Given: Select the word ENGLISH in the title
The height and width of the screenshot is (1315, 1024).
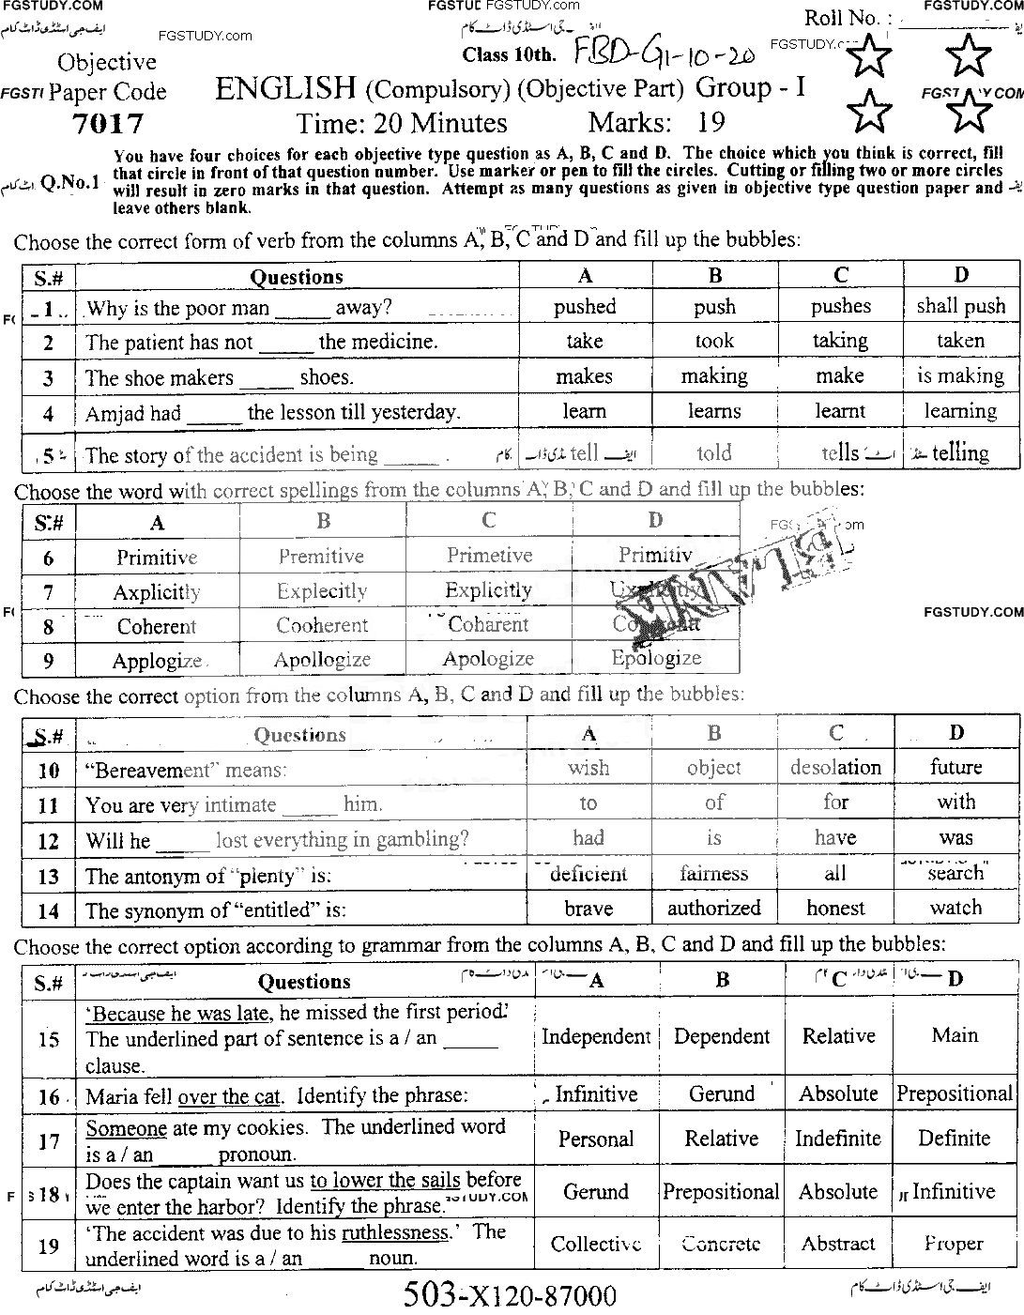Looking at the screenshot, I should click(285, 88).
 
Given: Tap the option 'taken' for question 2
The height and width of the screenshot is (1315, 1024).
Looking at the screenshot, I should click(960, 341).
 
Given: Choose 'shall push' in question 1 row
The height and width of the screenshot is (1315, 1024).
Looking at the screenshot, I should click(960, 306).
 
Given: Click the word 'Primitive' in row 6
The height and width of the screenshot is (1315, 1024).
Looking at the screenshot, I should click(157, 558).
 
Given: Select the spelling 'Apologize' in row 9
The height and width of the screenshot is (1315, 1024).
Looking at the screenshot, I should click(488, 659).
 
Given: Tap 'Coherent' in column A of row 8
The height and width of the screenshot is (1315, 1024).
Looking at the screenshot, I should click(157, 626).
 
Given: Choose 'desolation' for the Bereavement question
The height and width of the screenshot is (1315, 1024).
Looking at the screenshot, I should click(835, 768).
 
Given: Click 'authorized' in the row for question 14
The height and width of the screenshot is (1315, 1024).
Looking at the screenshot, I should click(713, 909).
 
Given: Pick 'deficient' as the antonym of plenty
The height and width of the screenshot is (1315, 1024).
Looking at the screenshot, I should click(588, 874).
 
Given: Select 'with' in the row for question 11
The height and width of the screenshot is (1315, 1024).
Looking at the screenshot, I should click(955, 803).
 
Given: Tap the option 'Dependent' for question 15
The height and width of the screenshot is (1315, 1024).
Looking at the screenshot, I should click(721, 1037).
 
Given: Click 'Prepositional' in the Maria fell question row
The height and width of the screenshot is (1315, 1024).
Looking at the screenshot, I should click(955, 1094).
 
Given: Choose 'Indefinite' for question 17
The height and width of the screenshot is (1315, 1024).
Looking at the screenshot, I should click(838, 1139).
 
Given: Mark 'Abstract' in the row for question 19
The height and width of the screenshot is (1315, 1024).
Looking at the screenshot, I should click(838, 1244).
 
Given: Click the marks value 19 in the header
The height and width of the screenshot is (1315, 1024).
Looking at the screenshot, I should click(711, 123).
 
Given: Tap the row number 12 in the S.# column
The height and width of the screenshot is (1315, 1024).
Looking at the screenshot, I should click(48, 841).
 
